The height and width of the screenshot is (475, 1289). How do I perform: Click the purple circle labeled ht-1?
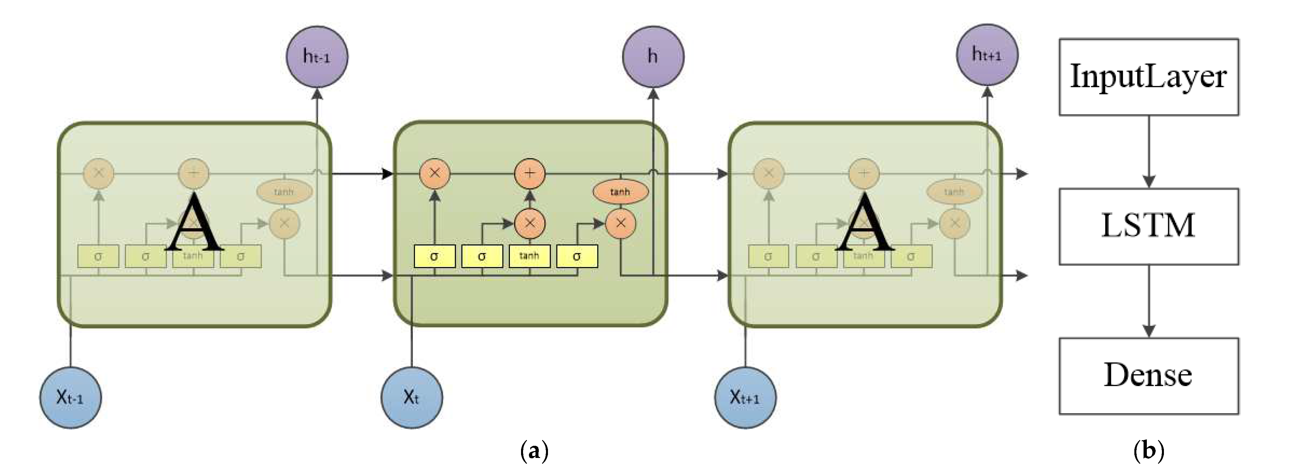pyautogui.click(x=317, y=56)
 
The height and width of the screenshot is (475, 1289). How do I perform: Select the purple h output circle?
pyautogui.click(x=653, y=56)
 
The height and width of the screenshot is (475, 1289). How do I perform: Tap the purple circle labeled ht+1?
pyautogui.click(x=987, y=54)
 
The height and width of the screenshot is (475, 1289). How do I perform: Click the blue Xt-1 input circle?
pyautogui.click(x=71, y=398)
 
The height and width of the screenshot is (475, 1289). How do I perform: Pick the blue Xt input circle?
pyautogui.click(x=411, y=398)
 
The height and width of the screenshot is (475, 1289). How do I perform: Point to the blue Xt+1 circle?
pyautogui.click(x=745, y=398)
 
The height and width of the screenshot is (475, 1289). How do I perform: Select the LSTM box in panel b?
pyautogui.click(x=1148, y=226)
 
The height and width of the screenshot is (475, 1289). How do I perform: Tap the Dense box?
pyautogui.click(x=1148, y=376)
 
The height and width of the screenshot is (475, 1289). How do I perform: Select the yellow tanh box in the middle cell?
pyautogui.click(x=529, y=256)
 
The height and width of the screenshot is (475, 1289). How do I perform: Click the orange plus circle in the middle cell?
pyautogui.click(x=530, y=174)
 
